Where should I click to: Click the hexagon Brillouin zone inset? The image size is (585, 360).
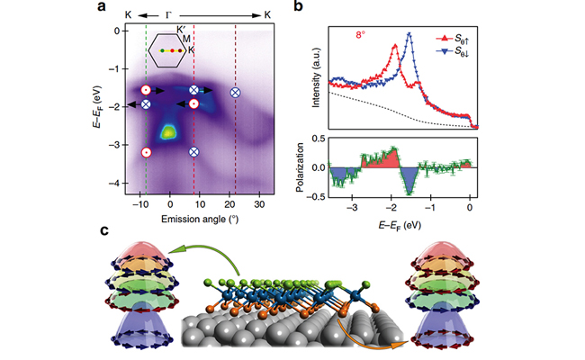(168, 50)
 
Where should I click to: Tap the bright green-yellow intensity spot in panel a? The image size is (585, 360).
(167, 132)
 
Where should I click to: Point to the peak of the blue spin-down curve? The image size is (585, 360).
(409, 34)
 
